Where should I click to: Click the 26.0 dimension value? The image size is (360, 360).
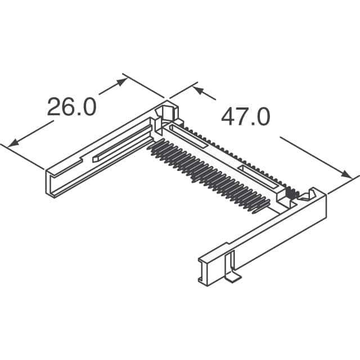(x=71, y=106)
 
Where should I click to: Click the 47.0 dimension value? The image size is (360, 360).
(x=245, y=116)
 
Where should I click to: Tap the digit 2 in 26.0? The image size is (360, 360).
(x=55, y=106)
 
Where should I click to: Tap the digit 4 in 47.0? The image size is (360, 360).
(x=228, y=116)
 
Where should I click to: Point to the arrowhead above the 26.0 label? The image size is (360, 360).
(x=120, y=82)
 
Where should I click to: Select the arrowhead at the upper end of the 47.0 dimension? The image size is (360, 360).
(x=197, y=89)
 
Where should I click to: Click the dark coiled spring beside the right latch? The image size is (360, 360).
(x=291, y=193)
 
